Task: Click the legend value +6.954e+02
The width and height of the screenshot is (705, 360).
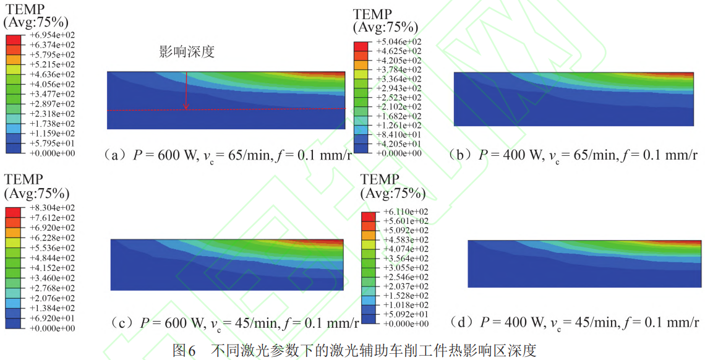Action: pyautogui.click(x=53, y=35)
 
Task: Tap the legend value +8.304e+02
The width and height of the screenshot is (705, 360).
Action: pyautogui.click(x=53, y=208)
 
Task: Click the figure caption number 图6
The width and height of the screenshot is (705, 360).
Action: pyautogui.click(x=185, y=351)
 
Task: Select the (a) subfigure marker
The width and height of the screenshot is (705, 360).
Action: pyautogui.click(x=116, y=155)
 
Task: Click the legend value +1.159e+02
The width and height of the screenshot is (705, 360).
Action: pyautogui.click(x=53, y=133)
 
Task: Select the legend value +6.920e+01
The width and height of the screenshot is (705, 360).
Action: pyautogui.click(x=53, y=318)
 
